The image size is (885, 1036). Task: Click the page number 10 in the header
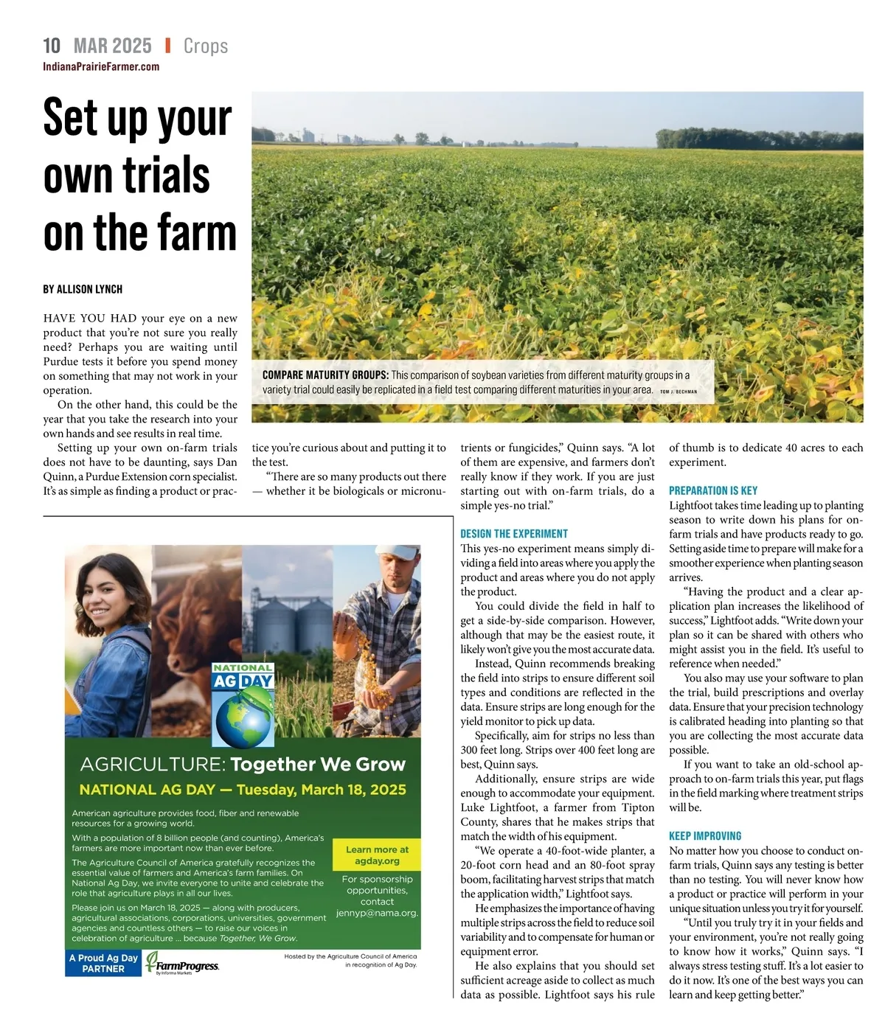[x=52, y=46]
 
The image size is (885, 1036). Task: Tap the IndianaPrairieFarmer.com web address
[x=101, y=67]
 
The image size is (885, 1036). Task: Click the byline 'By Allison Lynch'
[x=83, y=289]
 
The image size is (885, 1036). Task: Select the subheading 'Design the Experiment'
[x=514, y=534]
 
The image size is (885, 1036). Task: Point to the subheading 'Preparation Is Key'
[x=712, y=490]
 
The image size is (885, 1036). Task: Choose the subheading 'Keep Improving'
[x=705, y=836]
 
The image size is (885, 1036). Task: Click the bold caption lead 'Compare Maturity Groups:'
[x=325, y=375]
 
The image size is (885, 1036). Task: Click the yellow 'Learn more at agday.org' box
[x=377, y=855]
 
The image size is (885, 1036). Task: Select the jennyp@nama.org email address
[x=377, y=913]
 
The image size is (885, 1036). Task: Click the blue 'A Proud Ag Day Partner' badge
[x=103, y=963]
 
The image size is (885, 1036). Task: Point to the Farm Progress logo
[x=182, y=964]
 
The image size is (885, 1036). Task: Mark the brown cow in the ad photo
[x=196, y=605]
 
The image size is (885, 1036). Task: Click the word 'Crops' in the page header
[x=206, y=46]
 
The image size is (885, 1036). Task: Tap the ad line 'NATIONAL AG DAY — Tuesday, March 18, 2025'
[x=243, y=790]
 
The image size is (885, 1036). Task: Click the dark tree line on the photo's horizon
[x=760, y=139]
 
